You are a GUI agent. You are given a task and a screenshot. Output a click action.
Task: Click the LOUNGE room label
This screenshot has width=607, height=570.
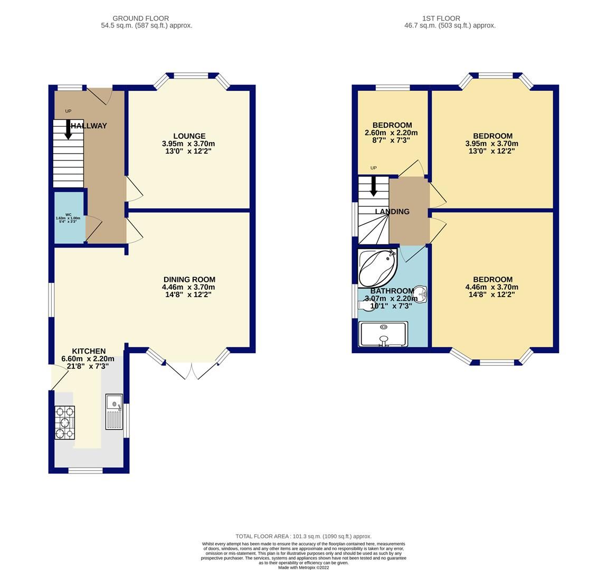click(x=188, y=136)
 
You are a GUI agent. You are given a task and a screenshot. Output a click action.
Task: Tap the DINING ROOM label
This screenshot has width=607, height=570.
click(x=189, y=280)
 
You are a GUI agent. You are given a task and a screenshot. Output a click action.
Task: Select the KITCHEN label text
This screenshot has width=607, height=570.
click(x=89, y=351)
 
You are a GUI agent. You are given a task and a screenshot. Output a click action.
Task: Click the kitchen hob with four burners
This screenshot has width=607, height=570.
click(x=65, y=422)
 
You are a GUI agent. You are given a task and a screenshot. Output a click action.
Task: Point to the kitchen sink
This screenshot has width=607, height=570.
click(x=114, y=412)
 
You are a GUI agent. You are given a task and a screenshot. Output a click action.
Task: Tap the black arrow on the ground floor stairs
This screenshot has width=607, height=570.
click(x=68, y=130)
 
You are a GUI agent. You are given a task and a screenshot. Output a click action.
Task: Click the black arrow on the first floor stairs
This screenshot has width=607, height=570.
click(x=374, y=186)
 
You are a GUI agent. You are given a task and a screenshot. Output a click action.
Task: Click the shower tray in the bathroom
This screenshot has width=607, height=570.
click(x=383, y=334)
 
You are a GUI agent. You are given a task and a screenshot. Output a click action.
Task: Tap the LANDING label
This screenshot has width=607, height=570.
click(x=392, y=212)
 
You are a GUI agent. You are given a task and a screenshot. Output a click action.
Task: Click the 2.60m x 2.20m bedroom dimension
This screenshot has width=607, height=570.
click(x=391, y=133)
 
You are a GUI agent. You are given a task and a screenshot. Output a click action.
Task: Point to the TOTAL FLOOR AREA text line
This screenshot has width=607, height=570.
click(x=303, y=536)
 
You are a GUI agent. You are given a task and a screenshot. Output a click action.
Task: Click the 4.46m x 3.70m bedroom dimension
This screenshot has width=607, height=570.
click(x=492, y=287)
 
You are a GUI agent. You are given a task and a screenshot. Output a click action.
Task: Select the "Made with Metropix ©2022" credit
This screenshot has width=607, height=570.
click(x=303, y=567)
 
